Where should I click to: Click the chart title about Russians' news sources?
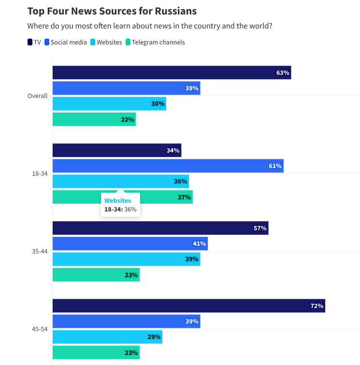(x=112, y=11)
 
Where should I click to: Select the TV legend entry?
(x=34, y=42)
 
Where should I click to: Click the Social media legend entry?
(x=66, y=42)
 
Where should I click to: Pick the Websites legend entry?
(x=106, y=42)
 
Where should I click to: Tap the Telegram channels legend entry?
(x=155, y=42)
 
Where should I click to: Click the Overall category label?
(x=37, y=96)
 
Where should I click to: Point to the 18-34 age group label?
(x=40, y=174)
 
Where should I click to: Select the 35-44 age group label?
(x=40, y=252)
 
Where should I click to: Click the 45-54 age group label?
(x=40, y=329)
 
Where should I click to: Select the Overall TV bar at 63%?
(x=172, y=73)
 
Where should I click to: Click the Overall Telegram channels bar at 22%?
(x=94, y=119)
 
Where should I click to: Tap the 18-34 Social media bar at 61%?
(x=168, y=166)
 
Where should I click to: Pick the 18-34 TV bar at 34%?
(x=116, y=151)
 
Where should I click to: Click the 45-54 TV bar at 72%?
(x=188, y=306)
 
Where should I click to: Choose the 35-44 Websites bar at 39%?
(x=126, y=259)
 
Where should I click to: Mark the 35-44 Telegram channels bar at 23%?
(x=96, y=275)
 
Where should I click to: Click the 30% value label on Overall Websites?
(x=158, y=104)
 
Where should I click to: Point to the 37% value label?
(x=185, y=197)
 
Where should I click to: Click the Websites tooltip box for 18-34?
(x=120, y=205)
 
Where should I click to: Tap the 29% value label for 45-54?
(x=154, y=337)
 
